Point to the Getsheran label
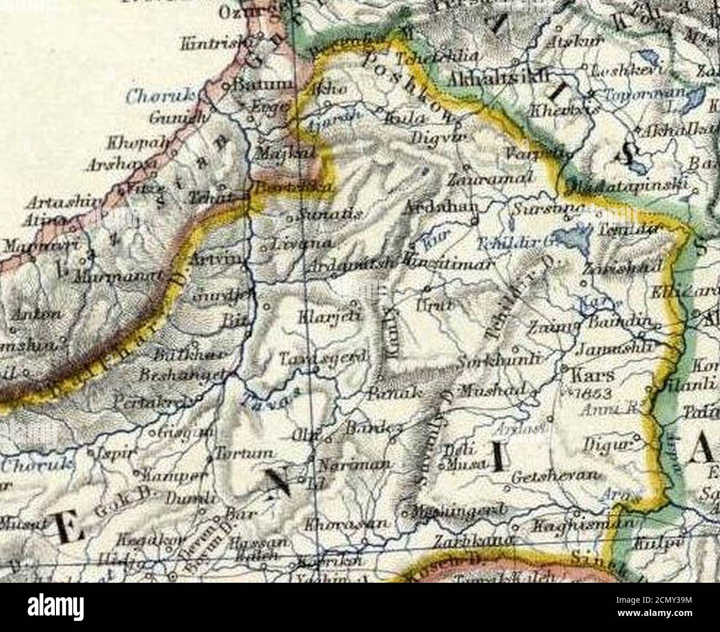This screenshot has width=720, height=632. coord(556,476)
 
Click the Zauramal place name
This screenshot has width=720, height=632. coord(491,179)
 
